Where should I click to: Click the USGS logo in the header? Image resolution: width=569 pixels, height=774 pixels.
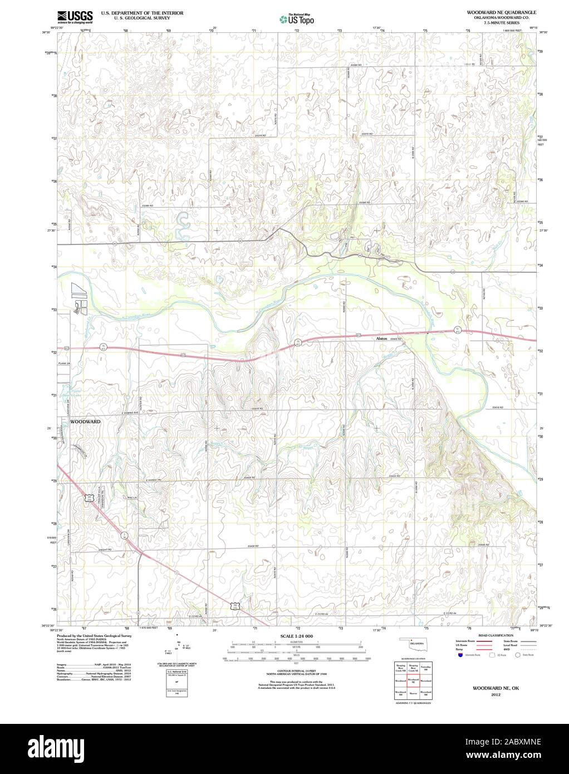point(74,17)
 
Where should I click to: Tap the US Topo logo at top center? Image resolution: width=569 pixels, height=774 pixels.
point(297,18)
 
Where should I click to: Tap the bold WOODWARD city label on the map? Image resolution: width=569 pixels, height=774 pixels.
point(85,422)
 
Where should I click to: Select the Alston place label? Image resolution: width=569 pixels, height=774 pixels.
point(381,338)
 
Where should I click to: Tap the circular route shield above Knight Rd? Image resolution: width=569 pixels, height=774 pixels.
point(124,535)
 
